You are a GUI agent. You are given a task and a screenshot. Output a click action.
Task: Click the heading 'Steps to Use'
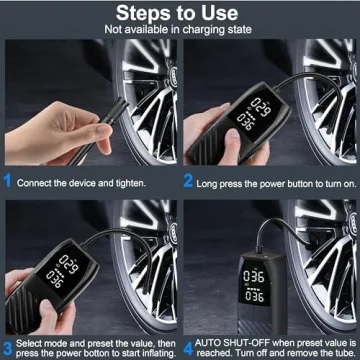[x=180, y=13]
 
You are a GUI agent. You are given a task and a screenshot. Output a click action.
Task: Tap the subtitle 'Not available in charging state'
[x=180, y=30]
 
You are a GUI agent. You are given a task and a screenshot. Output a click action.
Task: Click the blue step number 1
[x=9, y=182]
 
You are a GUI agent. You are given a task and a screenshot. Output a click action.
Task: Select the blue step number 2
[x=187, y=182]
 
